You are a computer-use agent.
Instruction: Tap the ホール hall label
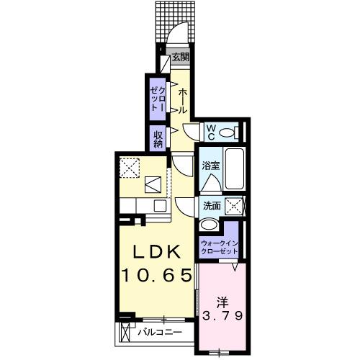click(x=182, y=101)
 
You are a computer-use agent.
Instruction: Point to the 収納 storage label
click(x=157, y=138)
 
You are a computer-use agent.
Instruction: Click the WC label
click(x=212, y=131)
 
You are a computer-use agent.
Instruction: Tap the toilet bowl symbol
click(x=229, y=132)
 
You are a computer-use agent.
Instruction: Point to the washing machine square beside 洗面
click(x=235, y=205)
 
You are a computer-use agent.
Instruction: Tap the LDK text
click(x=153, y=252)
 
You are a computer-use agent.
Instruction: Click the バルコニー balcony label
click(x=157, y=332)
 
